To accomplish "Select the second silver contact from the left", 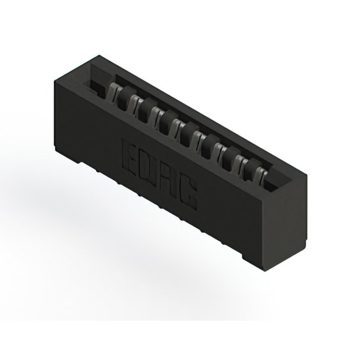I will [135, 101].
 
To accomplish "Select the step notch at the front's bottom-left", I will [73, 161].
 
